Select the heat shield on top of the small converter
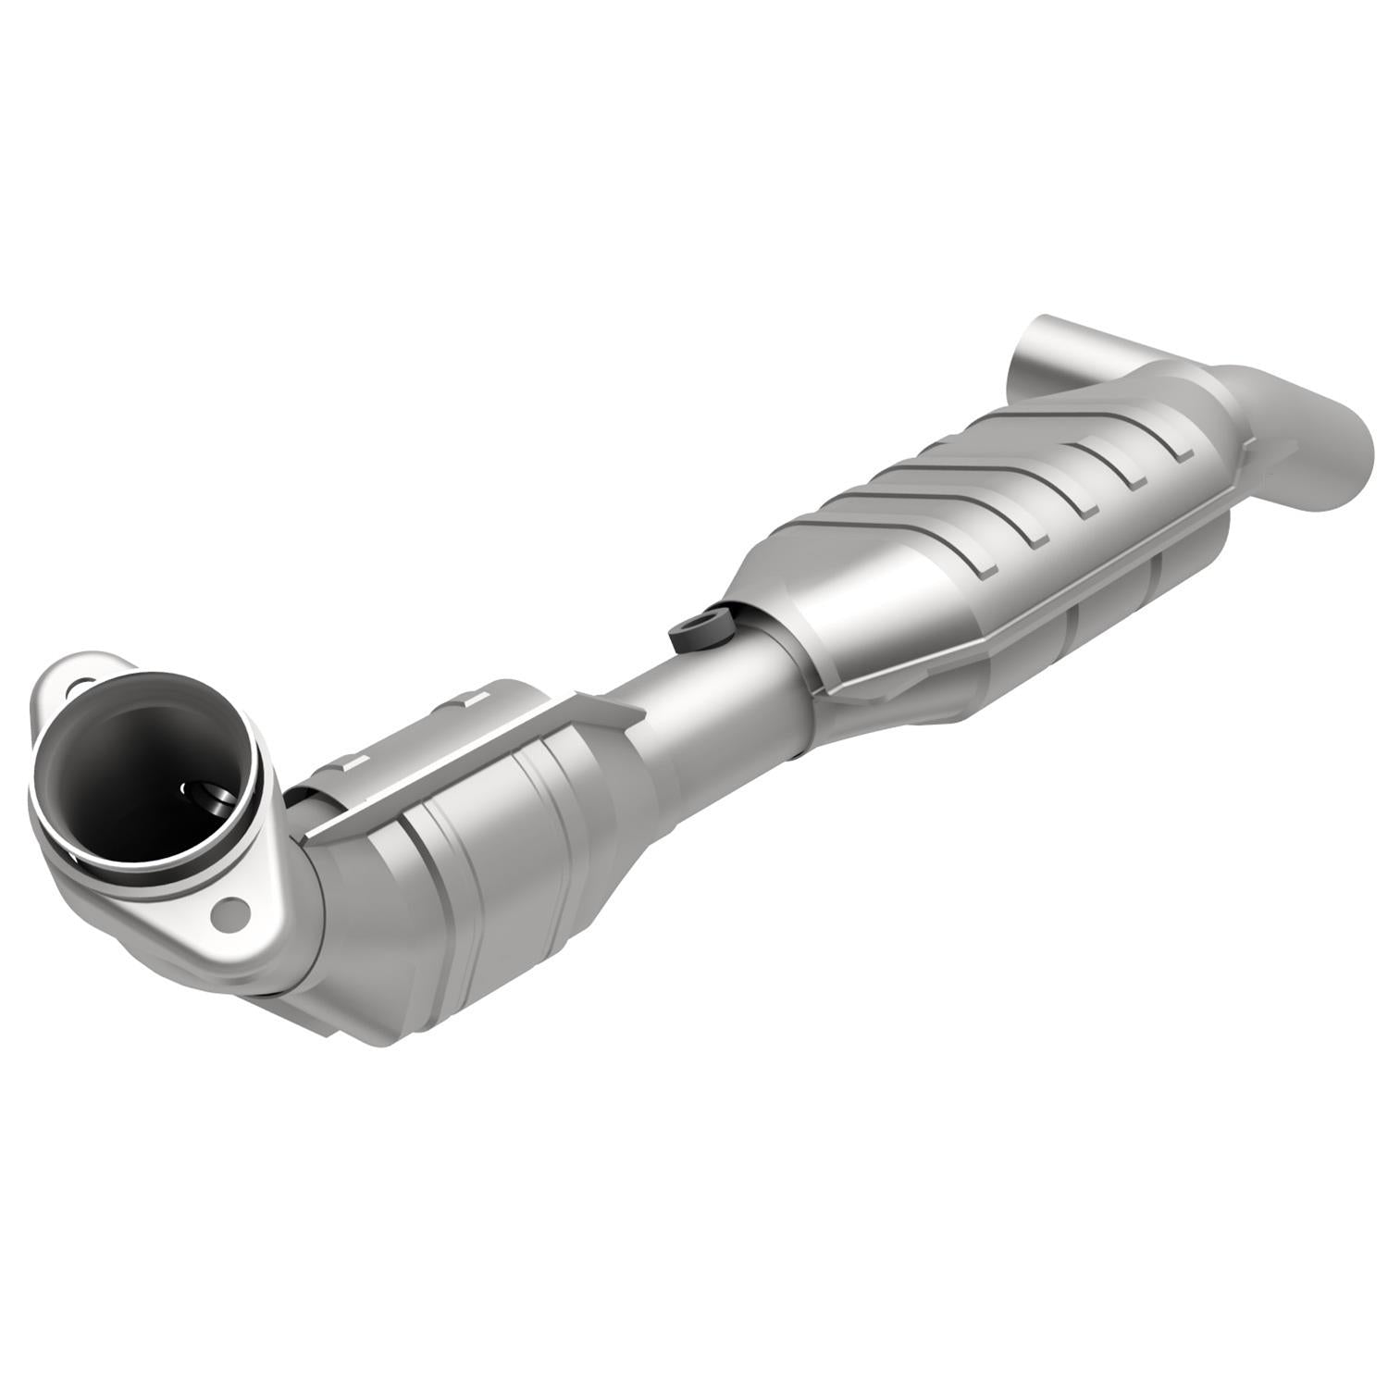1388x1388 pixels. tap(444, 740)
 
